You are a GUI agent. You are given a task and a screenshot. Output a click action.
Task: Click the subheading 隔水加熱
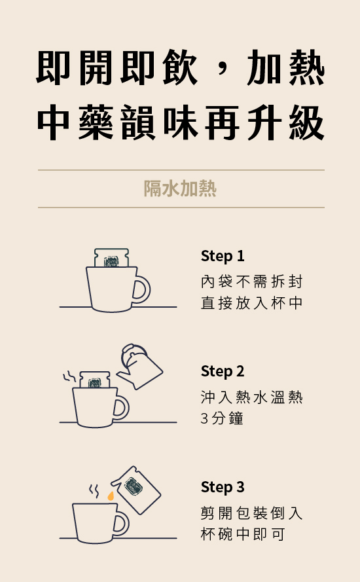pyautogui.click(x=180, y=188)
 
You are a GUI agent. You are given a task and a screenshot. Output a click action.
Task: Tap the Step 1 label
pyautogui.click(x=223, y=256)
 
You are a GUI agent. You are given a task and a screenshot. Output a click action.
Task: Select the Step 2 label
pyautogui.click(x=223, y=371)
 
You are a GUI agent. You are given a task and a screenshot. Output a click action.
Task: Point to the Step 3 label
pyautogui.click(x=223, y=487)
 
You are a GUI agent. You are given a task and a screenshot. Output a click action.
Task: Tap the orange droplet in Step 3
pyautogui.click(x=111, y=496)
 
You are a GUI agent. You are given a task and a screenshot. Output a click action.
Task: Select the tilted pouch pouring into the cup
pyautogui.click(x=136, y=490)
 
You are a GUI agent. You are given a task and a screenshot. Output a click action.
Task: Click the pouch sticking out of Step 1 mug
pyautogui.click(x=111, y=257)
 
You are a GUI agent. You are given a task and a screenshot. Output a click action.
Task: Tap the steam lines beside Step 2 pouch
pyautogui.click(x=69, y=376)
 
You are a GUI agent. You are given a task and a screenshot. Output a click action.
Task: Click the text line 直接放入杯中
pyautogui.click(x=251, y=303)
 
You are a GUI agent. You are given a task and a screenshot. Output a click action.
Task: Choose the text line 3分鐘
pyautogui.click(x=222, y=418)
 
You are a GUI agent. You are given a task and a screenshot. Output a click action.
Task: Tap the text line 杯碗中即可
pyautogui.click(x=243, y=534)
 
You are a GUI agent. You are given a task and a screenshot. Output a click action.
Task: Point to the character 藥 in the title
pyautogui.click(x=96, y=122)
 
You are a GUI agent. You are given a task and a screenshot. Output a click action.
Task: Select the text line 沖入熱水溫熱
pyautogui.click(x=251, y=397)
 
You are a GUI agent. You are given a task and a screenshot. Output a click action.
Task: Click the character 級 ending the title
pyautogui.click(x=306, y=122)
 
